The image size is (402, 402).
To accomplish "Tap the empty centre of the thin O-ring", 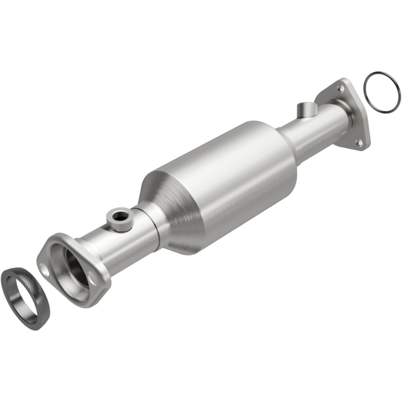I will (x=382, y=91).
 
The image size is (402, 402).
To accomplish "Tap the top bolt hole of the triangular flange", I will (x=341, y=88).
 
